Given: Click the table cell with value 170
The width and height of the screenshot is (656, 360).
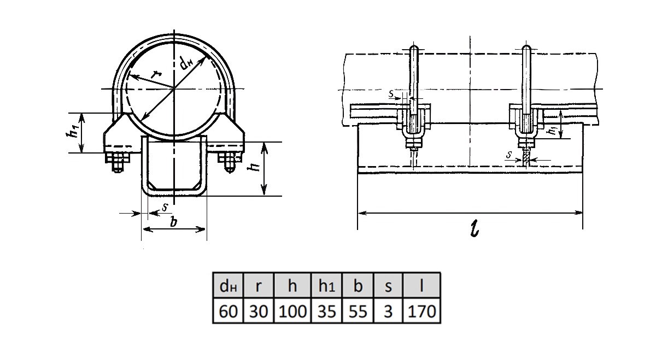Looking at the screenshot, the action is (x=421, y=311).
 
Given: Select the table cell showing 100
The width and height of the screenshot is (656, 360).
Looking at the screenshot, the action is (x=292, y=311).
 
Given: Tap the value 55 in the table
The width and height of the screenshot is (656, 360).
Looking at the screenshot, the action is (x=358, y=311).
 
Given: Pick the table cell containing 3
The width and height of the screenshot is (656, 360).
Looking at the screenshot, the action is (x=388, y=311).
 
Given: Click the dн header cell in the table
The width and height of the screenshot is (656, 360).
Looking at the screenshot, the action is (x=228, y=286).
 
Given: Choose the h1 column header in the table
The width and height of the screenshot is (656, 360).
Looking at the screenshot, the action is (x=326, y=286).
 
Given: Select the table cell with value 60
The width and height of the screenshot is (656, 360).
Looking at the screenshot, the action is (x=228, y=311).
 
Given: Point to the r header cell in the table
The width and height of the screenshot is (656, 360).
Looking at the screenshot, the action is (x=258, y=286).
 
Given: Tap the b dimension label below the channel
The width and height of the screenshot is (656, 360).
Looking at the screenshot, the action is (x=174, y=222).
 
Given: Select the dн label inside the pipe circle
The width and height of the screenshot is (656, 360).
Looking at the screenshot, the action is (x=186, y=63).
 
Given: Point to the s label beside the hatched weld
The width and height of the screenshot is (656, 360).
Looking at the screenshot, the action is (x=510, y=154).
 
